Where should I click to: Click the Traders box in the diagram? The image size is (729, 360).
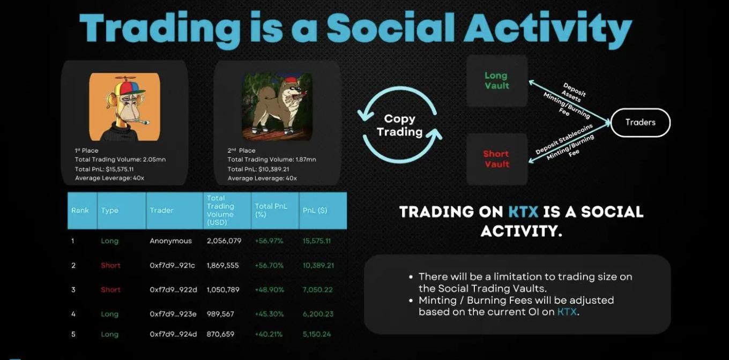(640, 123)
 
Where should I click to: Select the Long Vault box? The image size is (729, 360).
(496, 81)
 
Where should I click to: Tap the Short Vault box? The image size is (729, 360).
(496, 159)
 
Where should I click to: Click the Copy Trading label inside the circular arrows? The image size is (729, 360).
(400, 125)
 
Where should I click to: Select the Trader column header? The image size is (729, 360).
(161, 211)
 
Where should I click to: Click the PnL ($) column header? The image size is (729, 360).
(315, 211)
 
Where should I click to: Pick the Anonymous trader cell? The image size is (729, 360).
(170, 241)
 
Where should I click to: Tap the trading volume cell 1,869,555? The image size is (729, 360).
(222, 265)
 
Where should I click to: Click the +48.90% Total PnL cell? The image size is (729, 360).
(269, 290)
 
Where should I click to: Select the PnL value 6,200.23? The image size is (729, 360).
(318, 314)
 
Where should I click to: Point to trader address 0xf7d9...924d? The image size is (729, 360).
(173, 334)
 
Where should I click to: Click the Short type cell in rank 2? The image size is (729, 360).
(110, 265)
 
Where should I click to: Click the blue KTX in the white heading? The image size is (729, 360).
(523, 212)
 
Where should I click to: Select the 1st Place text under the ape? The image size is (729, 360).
(87, 151)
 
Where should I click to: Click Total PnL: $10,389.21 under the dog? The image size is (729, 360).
(258, 169)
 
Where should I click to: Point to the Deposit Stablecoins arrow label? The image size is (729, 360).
(564, 139)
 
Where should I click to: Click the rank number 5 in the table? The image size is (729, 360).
(73, 334)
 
